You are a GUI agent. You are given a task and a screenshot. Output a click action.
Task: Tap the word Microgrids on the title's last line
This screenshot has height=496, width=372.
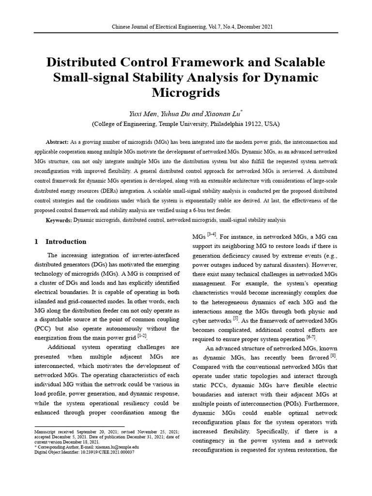(186, 92)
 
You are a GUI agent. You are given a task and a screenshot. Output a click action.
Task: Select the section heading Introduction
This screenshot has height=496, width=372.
(66, 242)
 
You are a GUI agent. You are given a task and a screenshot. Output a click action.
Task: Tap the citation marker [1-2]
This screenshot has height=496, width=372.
(142, 335)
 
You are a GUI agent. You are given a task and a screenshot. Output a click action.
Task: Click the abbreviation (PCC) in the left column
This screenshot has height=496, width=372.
(44, 329)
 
